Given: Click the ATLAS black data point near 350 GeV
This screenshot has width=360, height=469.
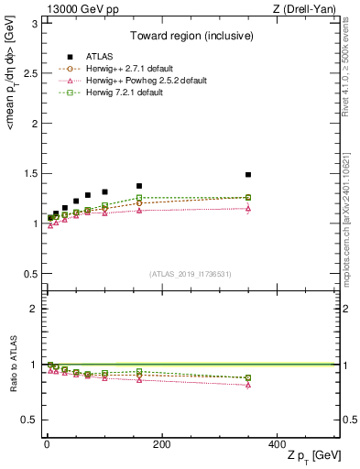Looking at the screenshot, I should click(247, 174).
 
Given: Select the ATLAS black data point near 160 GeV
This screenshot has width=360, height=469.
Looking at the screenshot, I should click(139, 186).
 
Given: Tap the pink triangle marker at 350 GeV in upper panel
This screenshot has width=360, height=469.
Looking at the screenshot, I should click(247, 208).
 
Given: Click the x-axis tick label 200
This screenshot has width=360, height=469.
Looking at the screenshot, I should click(161, 443).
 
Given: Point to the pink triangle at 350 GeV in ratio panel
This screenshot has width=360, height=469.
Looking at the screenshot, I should click(247, 385).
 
